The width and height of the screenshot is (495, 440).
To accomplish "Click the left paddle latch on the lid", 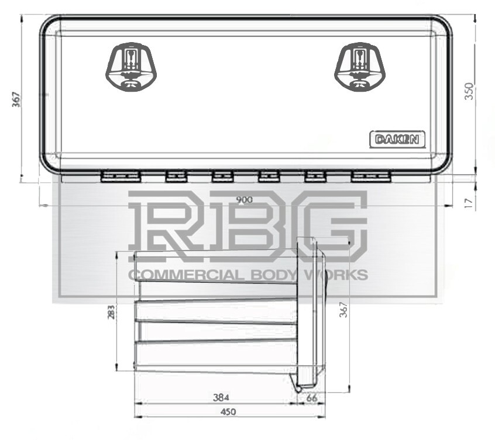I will [x=132, y=68].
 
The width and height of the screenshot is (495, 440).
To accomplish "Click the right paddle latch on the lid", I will [x=361, y=68].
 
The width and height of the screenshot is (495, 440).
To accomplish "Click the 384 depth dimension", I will [x=220, y=398].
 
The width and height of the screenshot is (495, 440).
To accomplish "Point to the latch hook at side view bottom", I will [x=298, y=386].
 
